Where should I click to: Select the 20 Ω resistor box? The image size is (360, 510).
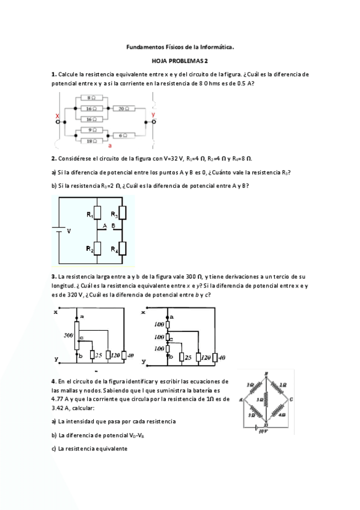tap(121, 109)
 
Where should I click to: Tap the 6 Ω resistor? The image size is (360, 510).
tap(121, 135)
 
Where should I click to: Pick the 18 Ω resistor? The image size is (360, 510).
tap(92, 141)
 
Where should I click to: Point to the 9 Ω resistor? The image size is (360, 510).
tap(92, 129)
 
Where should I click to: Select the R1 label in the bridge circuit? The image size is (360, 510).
tap(89, 214)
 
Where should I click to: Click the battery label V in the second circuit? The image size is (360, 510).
tap(69, 231)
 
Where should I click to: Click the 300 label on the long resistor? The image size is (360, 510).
tap(69, 334)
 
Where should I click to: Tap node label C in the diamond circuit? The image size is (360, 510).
tap(291, 398)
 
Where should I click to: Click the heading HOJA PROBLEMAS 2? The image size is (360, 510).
tap(180, 60)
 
